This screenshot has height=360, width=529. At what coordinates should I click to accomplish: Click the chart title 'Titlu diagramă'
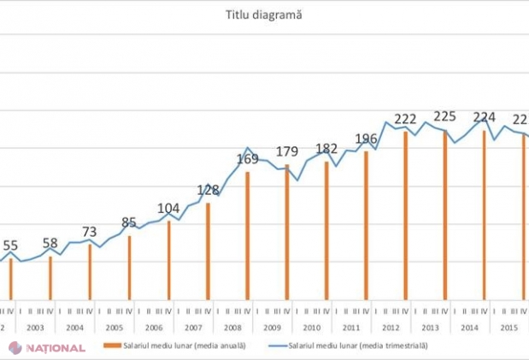pos(264,15)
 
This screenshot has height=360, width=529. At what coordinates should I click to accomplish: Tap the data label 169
pos(247,158)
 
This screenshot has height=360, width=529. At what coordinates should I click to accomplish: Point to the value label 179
pos(286,152)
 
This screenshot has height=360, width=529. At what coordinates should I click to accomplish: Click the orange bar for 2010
pos(326,230)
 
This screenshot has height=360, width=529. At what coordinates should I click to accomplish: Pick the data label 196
pos(366,139)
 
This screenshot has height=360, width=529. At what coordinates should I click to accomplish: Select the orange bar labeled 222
pos(405,215)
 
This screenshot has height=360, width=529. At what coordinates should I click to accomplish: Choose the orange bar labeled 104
pos(168,260)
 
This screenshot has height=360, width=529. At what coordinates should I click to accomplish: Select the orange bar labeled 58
pos(50,277)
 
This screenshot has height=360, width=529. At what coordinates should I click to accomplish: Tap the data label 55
pos(11,246)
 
